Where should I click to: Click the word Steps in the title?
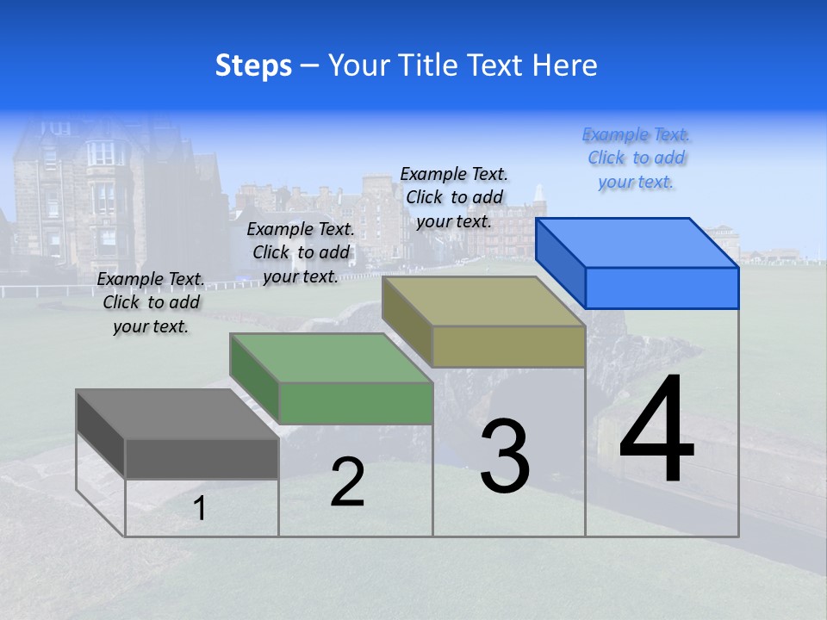253,65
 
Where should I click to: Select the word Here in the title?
564,65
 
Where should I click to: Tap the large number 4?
656,431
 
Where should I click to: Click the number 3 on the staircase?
505,456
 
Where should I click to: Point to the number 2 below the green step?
347,482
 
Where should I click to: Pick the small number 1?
200,508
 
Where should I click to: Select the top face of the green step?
331,358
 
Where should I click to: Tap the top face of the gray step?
177,414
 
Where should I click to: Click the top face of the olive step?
484,301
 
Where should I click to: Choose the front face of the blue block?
662,288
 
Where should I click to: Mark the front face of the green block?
356,403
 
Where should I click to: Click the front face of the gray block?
202,458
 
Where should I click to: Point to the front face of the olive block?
508,346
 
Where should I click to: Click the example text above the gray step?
151,302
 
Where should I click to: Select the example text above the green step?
301,252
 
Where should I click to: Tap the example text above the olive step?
454,197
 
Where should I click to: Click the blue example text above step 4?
637,158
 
